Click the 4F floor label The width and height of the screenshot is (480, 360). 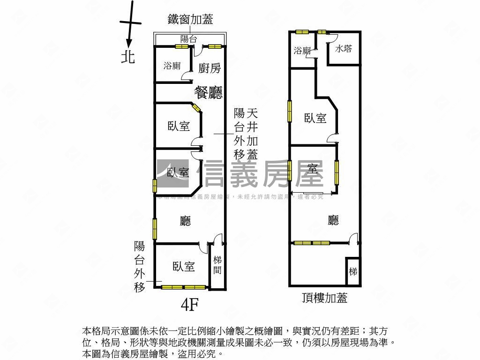coord(189,305)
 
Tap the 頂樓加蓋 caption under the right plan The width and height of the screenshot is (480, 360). coord(325,298)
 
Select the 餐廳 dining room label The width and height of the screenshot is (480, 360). coord(209,93)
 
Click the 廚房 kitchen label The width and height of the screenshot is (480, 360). coord(210,68)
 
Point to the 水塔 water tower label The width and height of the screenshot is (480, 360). coord(344,49)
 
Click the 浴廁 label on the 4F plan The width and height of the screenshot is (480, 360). coord(172,66)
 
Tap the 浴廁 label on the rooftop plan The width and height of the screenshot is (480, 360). coord(302,51)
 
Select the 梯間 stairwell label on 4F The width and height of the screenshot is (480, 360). coord(217,265)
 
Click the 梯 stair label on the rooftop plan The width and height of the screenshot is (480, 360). coord(353,271)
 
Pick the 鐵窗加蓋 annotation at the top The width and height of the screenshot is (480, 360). coord(190,19)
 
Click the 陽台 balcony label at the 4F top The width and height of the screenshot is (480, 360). coord(188,39)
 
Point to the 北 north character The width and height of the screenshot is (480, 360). coord(128,57)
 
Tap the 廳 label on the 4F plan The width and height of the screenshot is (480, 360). coord(186,221)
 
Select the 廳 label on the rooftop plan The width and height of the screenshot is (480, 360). coord(333,220)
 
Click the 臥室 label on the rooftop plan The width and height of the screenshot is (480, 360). coord(315,118)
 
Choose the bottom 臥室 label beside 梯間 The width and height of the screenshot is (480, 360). coord(183,267)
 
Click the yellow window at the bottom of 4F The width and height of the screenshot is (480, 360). coord(183,287)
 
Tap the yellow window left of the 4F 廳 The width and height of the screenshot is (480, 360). coord(154,229)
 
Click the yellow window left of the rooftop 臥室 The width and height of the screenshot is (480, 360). coord(290,111)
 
